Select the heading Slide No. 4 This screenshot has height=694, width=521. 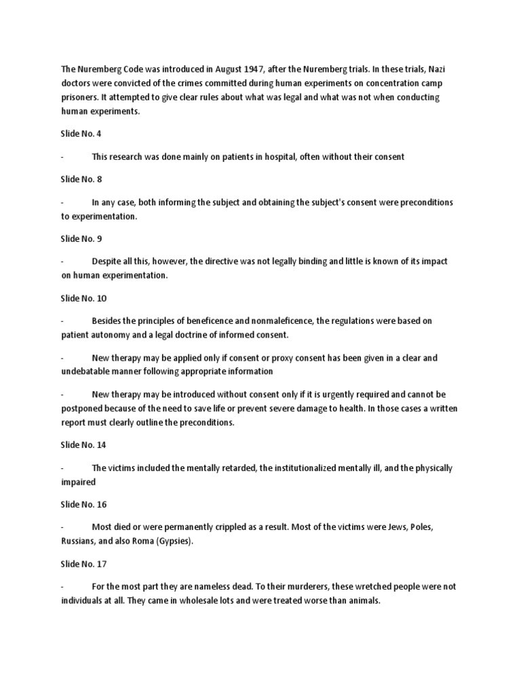point(81,134)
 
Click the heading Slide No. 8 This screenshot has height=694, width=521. point(81,180)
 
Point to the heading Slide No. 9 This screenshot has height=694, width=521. point(81,239)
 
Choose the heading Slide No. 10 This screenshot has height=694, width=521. point(83,298)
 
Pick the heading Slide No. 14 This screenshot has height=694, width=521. point(83,445)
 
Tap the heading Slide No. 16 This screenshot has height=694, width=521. point(83,504)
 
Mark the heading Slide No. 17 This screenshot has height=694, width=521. point(83,563)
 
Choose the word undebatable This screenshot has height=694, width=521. point(93,371)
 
